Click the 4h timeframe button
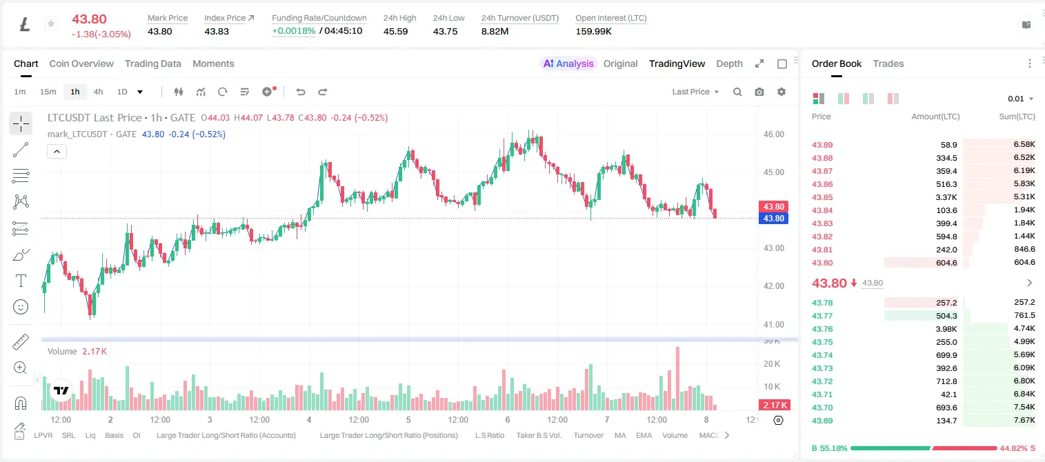98,92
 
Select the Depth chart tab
729,64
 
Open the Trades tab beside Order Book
888,64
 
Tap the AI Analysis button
568,64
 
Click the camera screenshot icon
759,92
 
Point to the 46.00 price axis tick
774,134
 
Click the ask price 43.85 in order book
822,197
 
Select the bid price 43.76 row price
822,329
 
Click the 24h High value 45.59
396,31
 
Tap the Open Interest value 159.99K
593,31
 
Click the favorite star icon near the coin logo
51,23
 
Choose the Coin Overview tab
81,64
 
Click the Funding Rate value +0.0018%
294,31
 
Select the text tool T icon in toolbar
21,281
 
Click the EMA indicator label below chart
644,435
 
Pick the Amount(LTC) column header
935,117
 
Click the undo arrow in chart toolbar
301,92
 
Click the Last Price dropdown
695,92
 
